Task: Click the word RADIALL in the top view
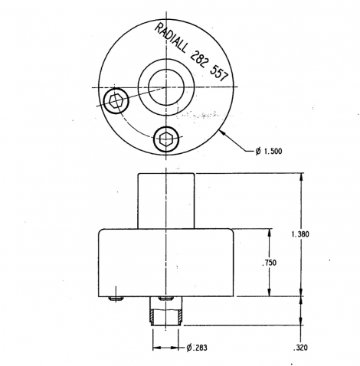170,38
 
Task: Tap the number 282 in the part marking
199,59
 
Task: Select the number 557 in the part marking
219,74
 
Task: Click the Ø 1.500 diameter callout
269,152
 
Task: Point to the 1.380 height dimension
300,234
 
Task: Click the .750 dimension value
269,263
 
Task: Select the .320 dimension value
300,348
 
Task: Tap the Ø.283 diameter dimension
197,348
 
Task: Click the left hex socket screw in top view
116,101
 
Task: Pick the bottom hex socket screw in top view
166,139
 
